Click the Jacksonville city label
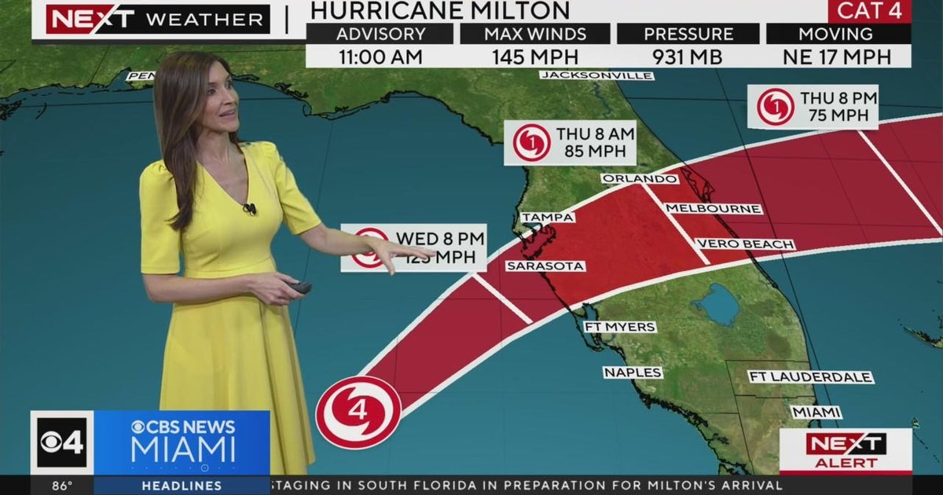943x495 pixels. tap(597, 75)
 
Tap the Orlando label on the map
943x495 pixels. tap(639, 178)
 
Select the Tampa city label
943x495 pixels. tap(548, 217)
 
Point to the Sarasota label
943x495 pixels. tap(545, 266)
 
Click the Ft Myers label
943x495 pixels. tap(619, 326)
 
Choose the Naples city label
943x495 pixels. tap(633, 372)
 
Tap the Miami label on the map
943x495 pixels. tap(816, 412)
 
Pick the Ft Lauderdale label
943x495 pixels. tap(810, 377)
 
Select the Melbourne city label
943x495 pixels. tap(713, 209)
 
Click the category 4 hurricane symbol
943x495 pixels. tap(358, 412)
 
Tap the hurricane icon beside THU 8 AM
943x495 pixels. tap(531, 143)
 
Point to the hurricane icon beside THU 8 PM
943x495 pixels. tap(776, 108)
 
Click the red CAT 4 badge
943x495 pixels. tap(869, 11)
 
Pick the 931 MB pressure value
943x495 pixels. tap(688, 57)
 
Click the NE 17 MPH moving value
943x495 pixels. tap(838, 57)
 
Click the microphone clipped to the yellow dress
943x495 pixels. tap(250, 209)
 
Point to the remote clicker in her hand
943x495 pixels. tap(300, 288)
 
